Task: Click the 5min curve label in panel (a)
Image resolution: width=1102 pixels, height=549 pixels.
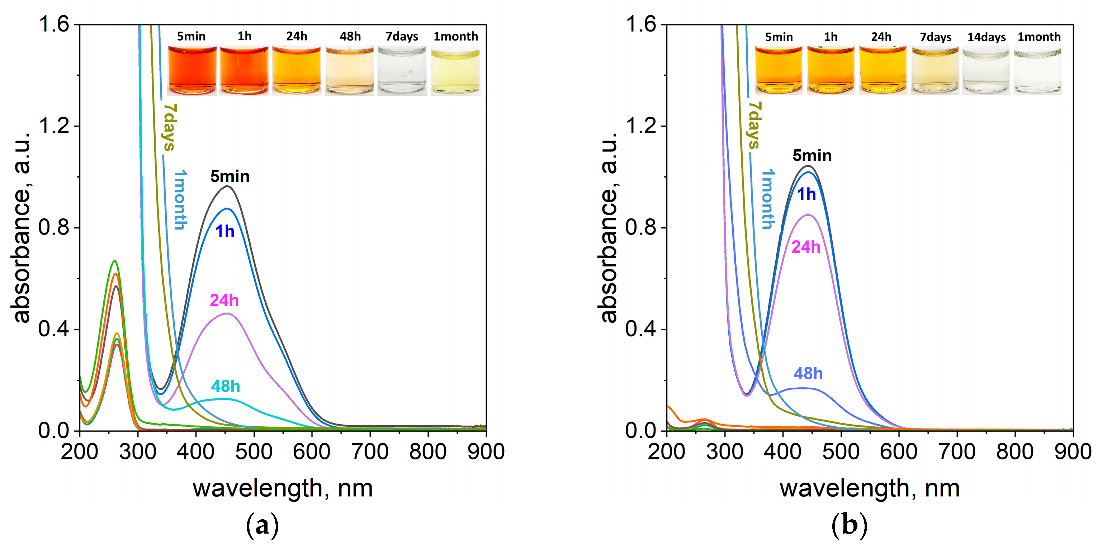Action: point(230,176)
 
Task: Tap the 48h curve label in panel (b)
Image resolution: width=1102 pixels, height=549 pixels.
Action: point(808,374)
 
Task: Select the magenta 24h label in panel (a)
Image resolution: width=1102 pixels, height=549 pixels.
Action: point(224,300)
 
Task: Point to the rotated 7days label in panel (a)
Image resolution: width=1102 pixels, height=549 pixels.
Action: point(169,127)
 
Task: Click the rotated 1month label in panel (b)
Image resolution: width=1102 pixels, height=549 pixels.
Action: point(768,199)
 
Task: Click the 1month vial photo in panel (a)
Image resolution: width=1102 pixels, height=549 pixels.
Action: point(455,71)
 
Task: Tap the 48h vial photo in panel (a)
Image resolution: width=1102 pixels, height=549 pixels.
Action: point(350,71)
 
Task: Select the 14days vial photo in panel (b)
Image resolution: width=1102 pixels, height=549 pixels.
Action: point(986,71)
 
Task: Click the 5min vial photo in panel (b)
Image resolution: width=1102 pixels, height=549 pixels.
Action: point(779,71)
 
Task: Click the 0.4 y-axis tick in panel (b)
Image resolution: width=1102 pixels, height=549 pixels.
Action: point(641,329)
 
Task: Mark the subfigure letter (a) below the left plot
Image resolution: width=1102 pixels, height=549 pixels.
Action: point(262,525)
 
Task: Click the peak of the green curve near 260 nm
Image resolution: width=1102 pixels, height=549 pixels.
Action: point(114,261)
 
